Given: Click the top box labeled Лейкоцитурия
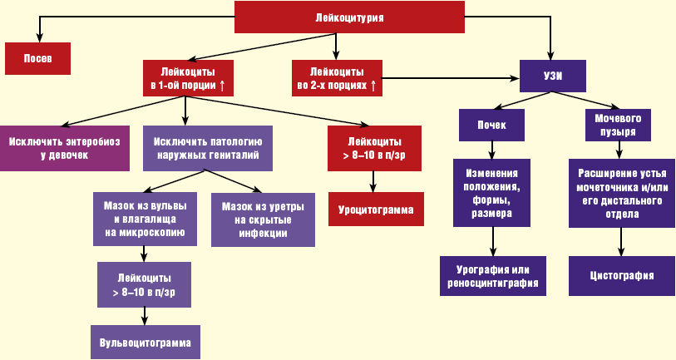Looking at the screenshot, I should coord(348,17).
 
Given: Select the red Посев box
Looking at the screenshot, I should coord(37,59).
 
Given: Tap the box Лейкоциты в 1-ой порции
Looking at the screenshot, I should coord(187,78).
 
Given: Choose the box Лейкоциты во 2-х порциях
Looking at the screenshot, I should coord(337,78).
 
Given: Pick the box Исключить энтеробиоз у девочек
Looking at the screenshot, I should coord(64,148).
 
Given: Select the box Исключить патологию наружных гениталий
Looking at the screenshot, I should coord(207,148).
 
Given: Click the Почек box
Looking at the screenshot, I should coord(493,125).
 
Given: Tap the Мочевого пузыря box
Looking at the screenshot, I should coord(618,125).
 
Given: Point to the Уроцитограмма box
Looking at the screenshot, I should coord(376,210).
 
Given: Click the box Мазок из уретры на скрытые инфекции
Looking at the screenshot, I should coord(263,219).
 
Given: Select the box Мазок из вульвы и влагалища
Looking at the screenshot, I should coord(145,219).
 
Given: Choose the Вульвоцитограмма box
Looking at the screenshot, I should coord(145,342).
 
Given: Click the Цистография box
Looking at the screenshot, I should coord(620,275).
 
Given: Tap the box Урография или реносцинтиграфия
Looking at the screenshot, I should coord(493,275).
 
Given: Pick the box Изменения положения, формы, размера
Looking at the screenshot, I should coord(493,193).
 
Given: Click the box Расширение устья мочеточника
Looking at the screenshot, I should coord(620,193).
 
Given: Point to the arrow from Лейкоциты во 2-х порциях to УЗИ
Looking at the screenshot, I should coord(450,78).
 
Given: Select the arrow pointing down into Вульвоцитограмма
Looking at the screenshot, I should coord(145,315).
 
